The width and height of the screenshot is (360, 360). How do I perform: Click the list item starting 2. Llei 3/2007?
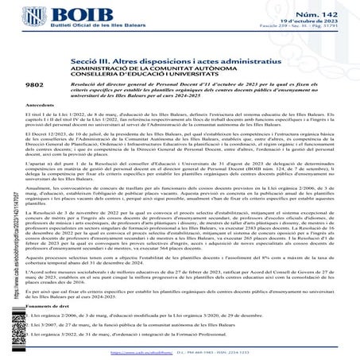119,326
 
